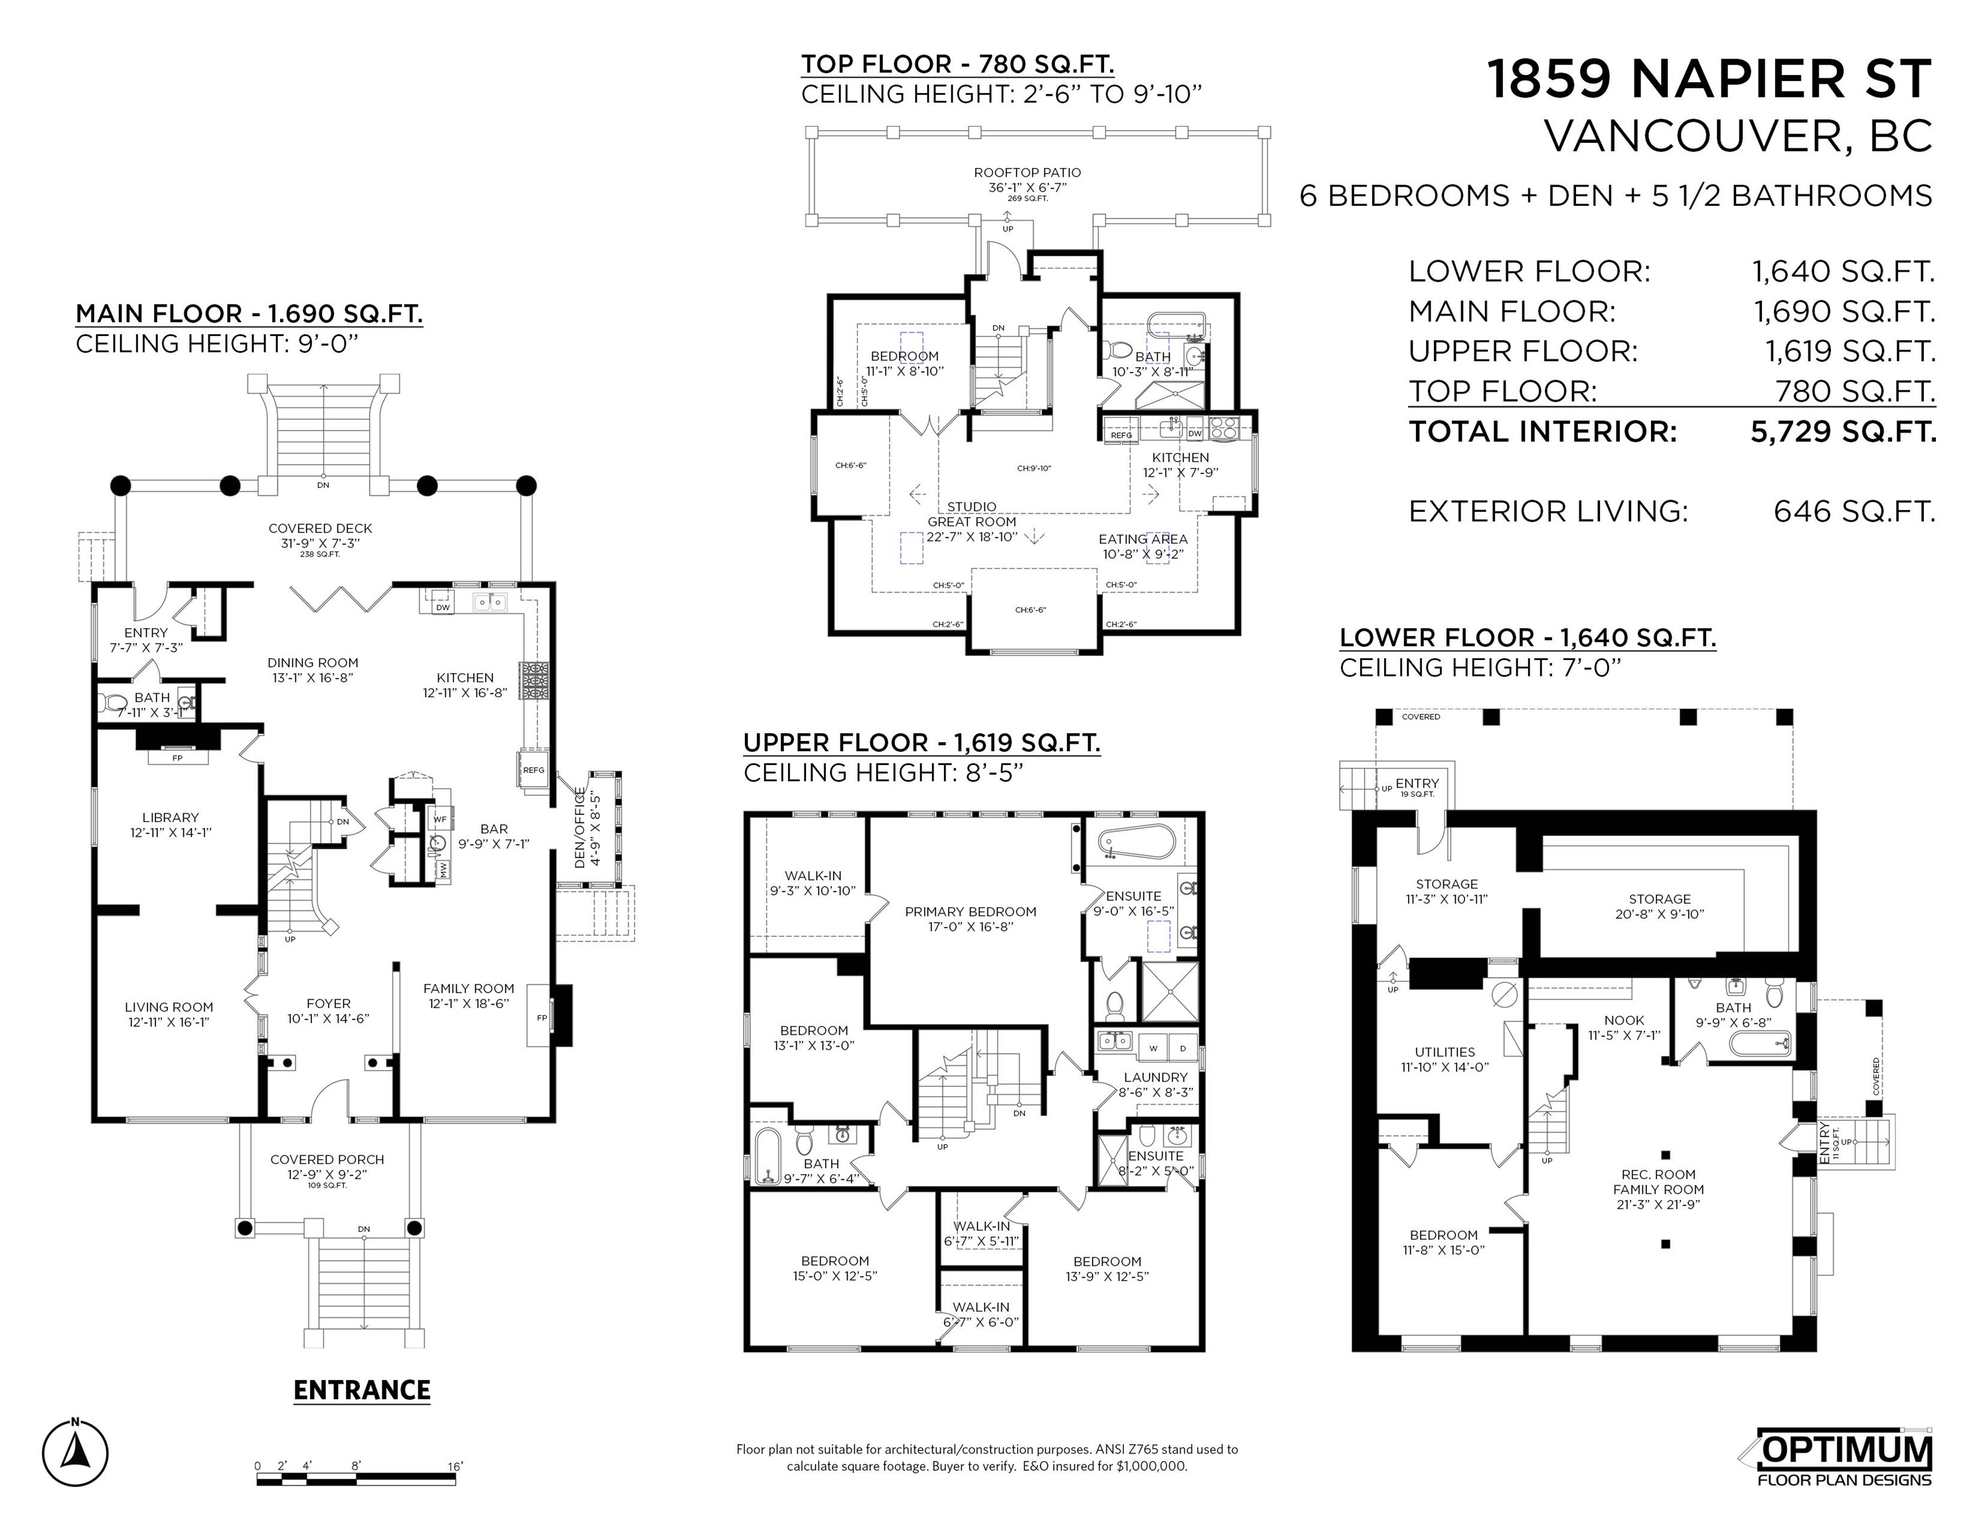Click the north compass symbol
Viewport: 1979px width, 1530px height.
75,1453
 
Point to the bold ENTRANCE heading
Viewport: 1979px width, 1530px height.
362,1391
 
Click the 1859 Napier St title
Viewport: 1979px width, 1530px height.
1710,79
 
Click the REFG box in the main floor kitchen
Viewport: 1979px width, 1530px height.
534,770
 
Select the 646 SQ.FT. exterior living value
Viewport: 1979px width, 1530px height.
1854,511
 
